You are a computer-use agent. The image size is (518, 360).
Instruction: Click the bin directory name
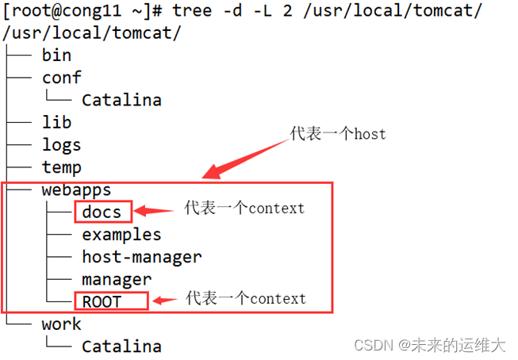[56, 55]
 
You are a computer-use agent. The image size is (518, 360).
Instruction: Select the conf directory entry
[62, 78]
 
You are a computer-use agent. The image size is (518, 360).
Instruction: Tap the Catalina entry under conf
[121, 100]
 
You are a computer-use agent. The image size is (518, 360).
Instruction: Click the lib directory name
[56, 122]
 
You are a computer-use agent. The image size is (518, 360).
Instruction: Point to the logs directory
[62, 145]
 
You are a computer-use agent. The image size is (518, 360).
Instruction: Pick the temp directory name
[62, 167]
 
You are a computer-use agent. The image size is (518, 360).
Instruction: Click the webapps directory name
[76, 190]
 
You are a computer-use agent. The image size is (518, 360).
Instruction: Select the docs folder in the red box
[102, 213]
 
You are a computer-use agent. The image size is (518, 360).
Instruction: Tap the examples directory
[121, 235]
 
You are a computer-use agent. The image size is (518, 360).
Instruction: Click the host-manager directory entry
[141, 257]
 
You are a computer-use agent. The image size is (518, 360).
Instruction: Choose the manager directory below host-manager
[117, 279]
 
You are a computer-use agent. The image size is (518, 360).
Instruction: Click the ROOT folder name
[102, 301]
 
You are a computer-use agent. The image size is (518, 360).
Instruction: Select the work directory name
[62, 324]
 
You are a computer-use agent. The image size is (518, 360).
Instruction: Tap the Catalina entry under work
[121, 346]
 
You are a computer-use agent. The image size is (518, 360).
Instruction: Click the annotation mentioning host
[338, 133]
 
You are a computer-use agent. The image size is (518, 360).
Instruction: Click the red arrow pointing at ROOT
[165, 301]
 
